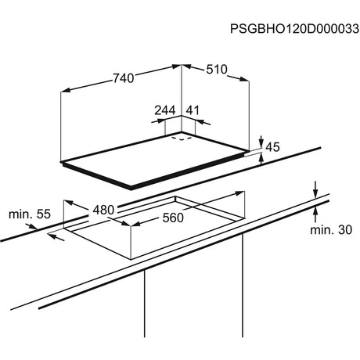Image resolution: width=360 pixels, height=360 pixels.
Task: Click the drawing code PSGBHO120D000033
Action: (294, 29)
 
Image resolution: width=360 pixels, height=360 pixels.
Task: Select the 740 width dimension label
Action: (124, 78)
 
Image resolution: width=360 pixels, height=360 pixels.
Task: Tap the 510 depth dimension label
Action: (217, 70)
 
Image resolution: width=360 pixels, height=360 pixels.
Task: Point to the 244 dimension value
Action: (165, 110)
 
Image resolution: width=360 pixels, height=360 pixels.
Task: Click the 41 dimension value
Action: (193, 110)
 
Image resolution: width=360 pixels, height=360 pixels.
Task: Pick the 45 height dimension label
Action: (272, 147)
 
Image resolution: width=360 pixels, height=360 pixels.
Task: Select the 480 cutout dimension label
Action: (103, 210)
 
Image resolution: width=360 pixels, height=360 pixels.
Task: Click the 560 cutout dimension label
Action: (173, 218)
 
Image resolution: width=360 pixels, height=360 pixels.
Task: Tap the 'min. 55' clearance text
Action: (30, 214)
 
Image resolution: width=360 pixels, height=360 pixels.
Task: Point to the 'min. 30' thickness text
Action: (331, 230)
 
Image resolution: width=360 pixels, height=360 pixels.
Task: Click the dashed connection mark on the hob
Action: (182, 139)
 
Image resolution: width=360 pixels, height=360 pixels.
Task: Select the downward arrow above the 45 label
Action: (261, 141)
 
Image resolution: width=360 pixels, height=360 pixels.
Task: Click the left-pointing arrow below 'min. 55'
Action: (56, 237)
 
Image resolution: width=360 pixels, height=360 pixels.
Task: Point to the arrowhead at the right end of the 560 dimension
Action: (239, 193)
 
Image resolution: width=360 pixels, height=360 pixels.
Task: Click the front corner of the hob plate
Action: (131, 189)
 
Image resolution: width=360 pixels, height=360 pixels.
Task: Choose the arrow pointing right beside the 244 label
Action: (158, 121)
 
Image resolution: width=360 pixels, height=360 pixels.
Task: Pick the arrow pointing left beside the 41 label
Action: (203, 122)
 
